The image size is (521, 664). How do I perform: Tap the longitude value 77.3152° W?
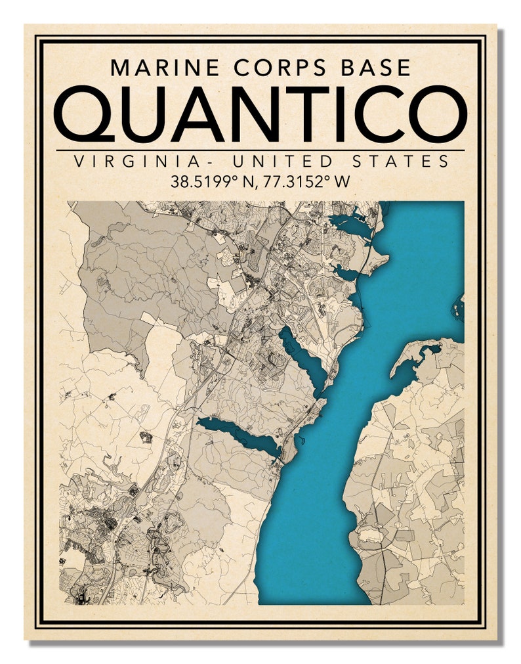click(308, 181)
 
